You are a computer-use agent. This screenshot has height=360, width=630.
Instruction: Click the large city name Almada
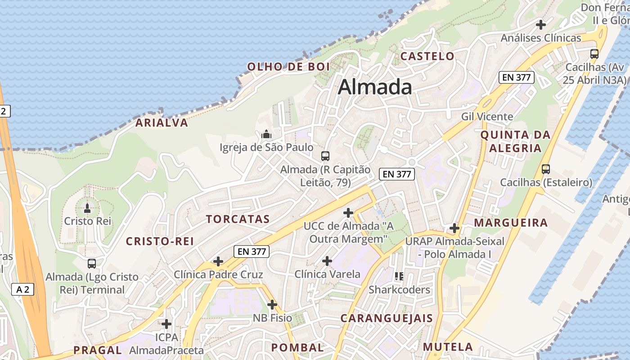(375, 87)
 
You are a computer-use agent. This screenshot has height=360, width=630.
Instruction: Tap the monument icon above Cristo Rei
(87, 207)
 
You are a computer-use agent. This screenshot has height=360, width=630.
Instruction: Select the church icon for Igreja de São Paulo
(266, 134)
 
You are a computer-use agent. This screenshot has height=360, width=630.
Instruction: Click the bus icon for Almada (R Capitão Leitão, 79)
(325, 156)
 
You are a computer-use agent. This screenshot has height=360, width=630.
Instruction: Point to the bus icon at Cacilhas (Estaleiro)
(546, 169)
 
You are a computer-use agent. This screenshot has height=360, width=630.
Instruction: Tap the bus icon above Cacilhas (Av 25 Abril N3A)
(594, 54)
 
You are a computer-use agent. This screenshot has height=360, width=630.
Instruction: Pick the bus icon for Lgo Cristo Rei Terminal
(92, 263)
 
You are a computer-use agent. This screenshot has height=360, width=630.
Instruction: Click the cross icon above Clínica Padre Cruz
(218, 261)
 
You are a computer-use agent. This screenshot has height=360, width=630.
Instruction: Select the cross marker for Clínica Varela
(327, 261)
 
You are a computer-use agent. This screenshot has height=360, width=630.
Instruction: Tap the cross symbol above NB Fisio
(272, 305)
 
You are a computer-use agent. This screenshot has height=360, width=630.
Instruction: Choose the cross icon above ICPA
(166, 324)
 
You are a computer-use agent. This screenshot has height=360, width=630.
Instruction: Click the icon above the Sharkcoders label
(399, 276)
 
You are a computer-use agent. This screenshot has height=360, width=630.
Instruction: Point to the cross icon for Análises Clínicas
(541, 24)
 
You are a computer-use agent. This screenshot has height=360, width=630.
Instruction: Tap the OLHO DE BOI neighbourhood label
(288, 67)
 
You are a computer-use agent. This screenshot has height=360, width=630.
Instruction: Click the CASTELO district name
(427, 56)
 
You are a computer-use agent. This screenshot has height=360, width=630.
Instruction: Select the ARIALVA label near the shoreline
(162, 123)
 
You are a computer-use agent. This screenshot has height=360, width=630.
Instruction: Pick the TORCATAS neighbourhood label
(238, 219)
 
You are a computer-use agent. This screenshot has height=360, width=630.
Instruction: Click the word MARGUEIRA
(511, 222)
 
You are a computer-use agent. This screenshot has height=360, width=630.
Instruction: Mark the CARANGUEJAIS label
(386, 318)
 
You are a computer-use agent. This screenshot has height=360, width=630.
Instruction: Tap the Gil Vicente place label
(487, 117)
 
